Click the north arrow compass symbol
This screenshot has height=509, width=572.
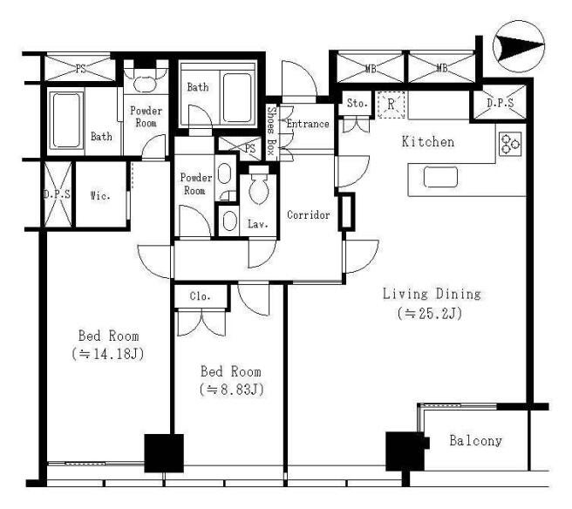coord(519,47)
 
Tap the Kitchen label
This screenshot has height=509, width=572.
coord(428,142)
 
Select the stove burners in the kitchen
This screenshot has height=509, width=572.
coord(510,144)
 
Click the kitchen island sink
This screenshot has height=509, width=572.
coord(440,177)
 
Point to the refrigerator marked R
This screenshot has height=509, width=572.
coord(391,105)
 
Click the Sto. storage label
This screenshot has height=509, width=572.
coord(357,104)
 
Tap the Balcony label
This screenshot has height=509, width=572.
coord(476,441)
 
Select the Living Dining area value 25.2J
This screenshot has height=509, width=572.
coord(430,313)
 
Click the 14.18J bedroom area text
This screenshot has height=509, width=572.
coord(108,354)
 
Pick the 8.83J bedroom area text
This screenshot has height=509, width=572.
coord(232,390)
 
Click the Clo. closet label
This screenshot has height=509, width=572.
coord(200,296)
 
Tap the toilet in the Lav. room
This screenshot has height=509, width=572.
coord(259,185)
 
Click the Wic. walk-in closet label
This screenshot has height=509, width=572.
coord(100,196)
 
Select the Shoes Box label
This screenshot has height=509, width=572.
coord(271,131)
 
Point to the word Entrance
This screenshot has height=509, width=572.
coord(308,124)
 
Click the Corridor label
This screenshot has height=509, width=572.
coord(309,214)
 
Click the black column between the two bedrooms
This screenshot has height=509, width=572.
coord(164,453)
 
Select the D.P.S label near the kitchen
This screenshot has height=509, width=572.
coord(500,103)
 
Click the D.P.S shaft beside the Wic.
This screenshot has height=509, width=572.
coord(58,194)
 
